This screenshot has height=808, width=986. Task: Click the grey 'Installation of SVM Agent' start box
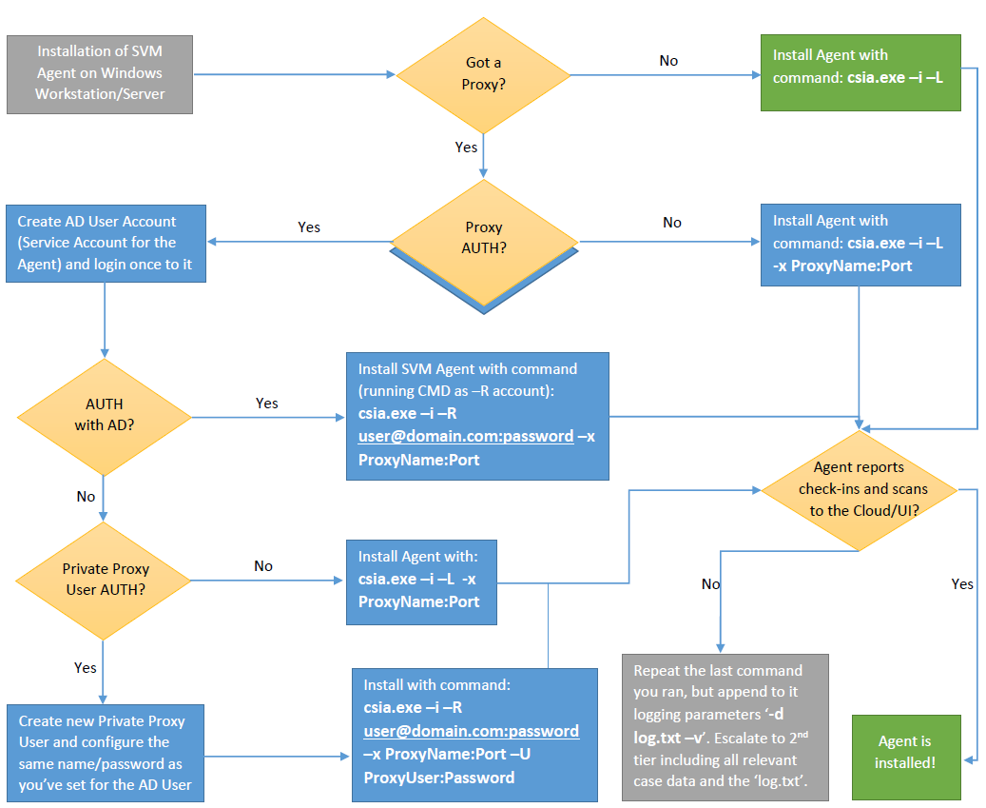coord(100,74)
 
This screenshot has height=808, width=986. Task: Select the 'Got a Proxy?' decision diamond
coord(483,75)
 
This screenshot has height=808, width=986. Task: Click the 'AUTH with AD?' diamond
coord(105,417)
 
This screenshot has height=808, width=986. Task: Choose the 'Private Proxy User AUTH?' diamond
coord(103,581)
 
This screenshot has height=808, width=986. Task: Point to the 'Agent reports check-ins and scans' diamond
coord(859,490)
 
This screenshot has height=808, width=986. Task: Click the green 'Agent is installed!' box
coord(906,757)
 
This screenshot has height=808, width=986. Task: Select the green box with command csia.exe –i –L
coord(860,72)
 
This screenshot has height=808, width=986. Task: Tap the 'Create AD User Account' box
coord(106,244)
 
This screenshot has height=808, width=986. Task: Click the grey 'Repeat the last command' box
coord(725,727)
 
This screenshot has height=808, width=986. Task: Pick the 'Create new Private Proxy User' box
coord(106,753)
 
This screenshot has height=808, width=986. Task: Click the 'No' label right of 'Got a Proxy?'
coord(668,61)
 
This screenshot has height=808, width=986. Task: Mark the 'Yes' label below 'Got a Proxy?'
coord(466,148)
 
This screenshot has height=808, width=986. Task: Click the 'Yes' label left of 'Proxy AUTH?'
coord(309,227)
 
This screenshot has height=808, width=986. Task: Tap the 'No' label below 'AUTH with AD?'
coord(87,497)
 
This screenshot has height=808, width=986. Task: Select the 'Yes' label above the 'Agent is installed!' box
coord(962,584)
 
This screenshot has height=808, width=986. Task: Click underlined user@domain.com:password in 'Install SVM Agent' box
coord(466,437)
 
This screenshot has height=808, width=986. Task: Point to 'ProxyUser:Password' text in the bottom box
coord(439,778)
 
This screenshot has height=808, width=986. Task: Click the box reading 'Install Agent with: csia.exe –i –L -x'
coord(421,582)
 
